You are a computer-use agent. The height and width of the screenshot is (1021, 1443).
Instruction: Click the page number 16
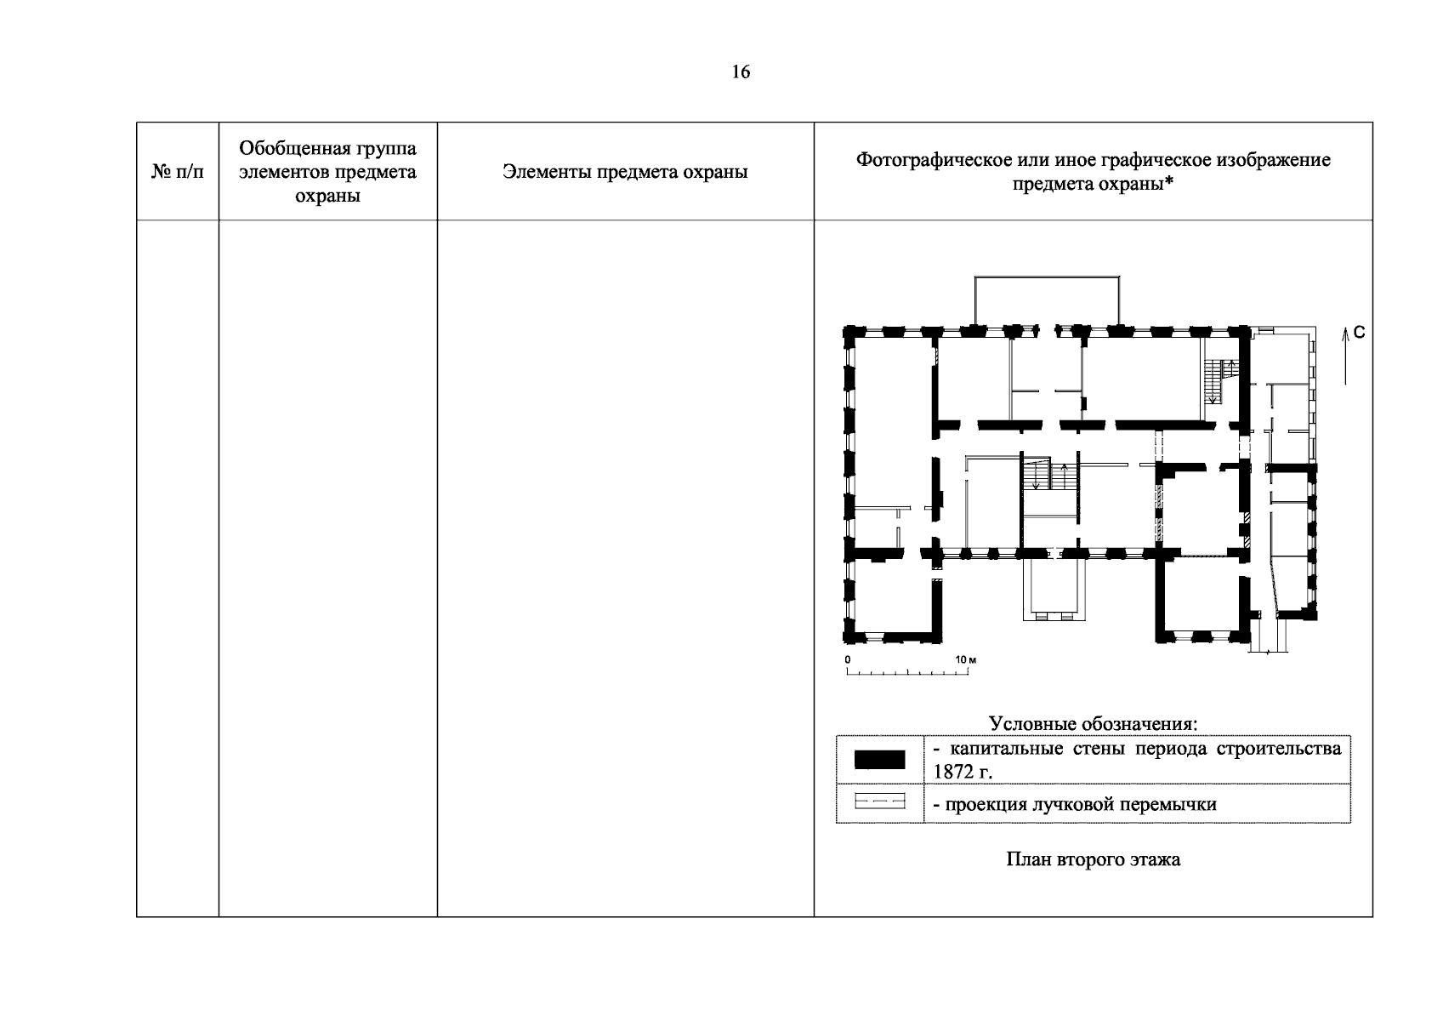(x=741, y=71)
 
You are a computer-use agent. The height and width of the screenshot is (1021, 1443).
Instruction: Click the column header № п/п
(x=177, y=172)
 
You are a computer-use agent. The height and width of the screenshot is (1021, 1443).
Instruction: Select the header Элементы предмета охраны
(x=625, y=172)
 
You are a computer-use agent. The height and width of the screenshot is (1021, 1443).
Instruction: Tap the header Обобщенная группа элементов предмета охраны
(x=328, y=172)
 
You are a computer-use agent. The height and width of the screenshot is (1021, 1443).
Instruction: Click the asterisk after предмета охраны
(x=1168, y=181)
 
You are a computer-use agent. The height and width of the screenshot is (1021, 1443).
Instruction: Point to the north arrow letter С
(x=1360, y=332)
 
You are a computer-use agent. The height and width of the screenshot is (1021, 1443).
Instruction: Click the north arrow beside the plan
(x=1345, y=356)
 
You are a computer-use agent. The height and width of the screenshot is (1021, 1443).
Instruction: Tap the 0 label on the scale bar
(x=848, y=659)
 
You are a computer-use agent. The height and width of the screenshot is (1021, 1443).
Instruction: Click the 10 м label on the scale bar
(x=966, y=659)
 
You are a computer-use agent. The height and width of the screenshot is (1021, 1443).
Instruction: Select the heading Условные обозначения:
(x=1094, y=723)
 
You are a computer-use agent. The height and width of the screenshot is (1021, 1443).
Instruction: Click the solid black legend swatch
(x=879, y=759)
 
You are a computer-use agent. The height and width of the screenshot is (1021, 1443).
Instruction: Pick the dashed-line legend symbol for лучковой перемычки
(x=879, y=801)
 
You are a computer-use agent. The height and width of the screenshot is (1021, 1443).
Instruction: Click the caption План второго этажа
(x=1094, y=860)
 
